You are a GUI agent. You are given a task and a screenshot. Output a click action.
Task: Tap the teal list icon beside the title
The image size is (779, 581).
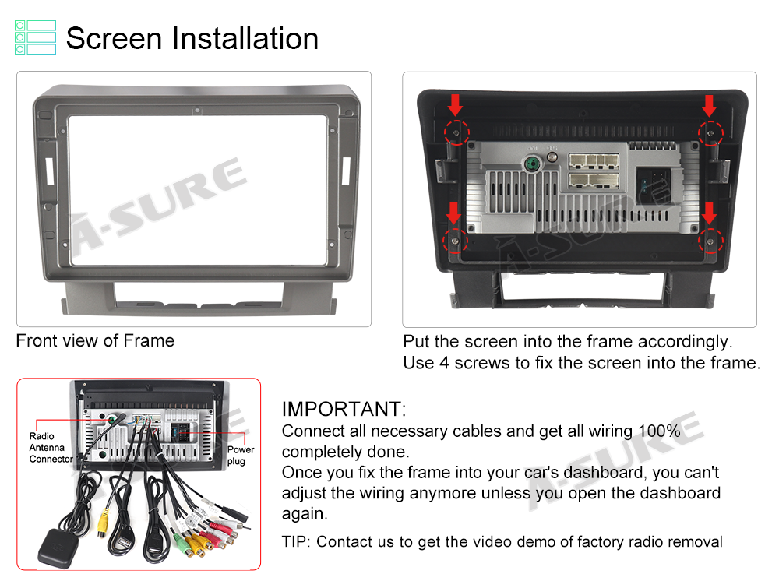pos(35,37)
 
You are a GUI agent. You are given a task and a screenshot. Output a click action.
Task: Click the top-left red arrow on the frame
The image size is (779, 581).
pos(455,105)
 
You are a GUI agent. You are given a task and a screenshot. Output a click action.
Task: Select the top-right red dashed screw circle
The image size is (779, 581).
pos(711,133)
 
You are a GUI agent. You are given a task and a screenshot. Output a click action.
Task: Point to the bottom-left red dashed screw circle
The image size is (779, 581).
pos(455,241)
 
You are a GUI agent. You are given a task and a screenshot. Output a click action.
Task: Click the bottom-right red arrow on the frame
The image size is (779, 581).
pos(710,213)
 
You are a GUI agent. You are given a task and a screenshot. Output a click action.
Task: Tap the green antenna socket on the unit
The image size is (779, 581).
pos(532,164)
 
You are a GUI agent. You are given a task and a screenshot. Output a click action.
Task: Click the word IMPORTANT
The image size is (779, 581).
pos(344,409)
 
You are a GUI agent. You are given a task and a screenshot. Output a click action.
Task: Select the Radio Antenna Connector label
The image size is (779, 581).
pos(51,447)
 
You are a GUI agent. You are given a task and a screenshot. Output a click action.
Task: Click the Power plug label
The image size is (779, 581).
pos(241,455)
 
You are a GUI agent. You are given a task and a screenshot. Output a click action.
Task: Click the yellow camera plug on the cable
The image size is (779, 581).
pos(103,523)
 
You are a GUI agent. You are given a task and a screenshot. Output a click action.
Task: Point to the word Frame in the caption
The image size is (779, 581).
pos(149,340)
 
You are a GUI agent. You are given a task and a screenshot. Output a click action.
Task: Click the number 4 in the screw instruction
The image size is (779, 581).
pos(444,363)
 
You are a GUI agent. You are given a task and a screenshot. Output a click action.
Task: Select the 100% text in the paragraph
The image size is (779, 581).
pos(659,431)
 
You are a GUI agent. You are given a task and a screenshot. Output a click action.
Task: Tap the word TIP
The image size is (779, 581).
pos(294,541)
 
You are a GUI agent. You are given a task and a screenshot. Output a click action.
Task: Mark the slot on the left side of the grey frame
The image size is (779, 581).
pos(50,171)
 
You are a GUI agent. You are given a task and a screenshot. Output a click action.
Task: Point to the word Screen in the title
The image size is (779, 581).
pos(115,38)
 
